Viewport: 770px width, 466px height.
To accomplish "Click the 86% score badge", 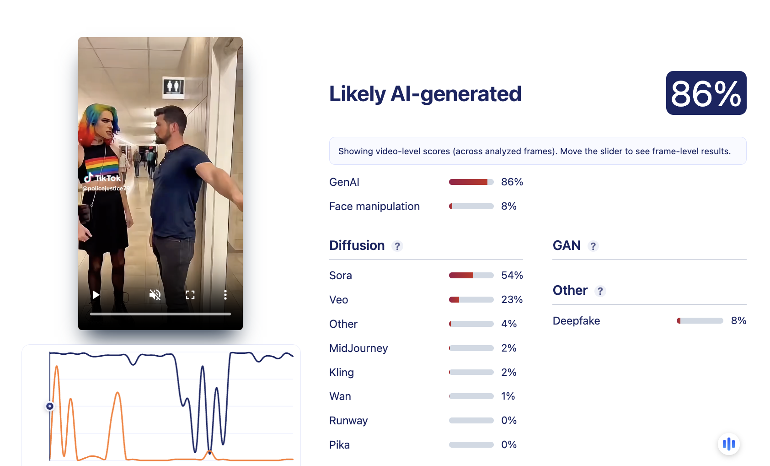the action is tap(706, 93).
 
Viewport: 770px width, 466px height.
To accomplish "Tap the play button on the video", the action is tap(96, 295).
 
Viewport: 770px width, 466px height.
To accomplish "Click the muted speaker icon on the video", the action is tap(155, 295).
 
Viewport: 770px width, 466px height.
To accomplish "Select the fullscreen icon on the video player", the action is tap(190, 295).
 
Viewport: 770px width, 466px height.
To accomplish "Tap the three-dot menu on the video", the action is tap(225, 295).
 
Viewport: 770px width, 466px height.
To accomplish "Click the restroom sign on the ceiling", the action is tap(173, 87).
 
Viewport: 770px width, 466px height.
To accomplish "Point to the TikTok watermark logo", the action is tap(102, 178).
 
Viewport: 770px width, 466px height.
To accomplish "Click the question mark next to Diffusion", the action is tap(397, 246).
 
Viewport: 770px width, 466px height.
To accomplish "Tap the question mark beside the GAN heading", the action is tap(593, 246).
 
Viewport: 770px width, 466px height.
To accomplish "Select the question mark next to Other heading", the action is tap(600, 291).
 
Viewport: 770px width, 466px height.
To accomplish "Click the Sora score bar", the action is tap(471, 275).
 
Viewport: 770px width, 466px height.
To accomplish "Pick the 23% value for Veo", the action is tap(512, 299).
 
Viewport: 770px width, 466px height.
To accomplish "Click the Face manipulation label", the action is tap(374, 206).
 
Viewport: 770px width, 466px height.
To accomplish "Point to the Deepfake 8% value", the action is tap(738, 320).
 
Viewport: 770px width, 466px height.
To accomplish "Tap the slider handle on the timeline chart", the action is tap(50, 406).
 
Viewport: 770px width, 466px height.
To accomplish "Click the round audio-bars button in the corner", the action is tap(729, 444).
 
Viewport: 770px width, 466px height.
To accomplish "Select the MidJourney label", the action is tap(358, 348).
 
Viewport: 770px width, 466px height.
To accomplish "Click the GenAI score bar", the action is tap(471, 182).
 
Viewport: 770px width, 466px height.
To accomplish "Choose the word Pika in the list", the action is tap(339, 444).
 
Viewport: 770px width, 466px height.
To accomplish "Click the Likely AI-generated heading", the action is tap(425, 94).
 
